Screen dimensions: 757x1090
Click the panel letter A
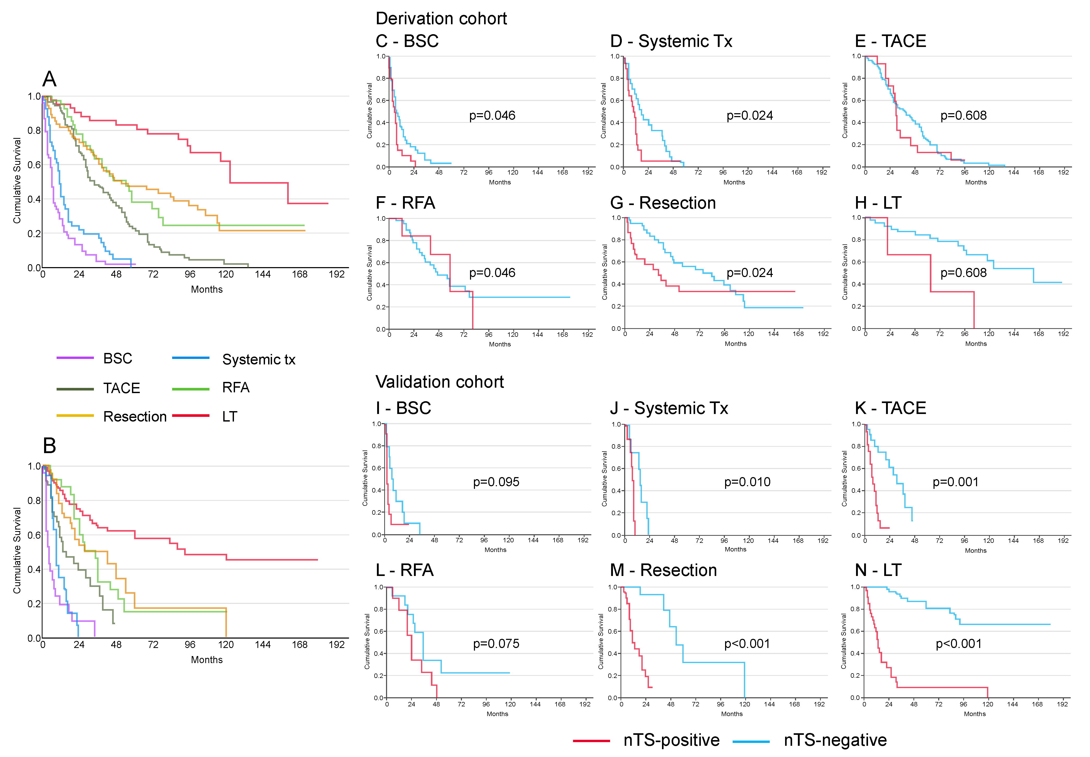pos(49,79)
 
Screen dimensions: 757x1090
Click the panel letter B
pos(49,446)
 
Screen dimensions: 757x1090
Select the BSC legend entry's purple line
pos(75,358)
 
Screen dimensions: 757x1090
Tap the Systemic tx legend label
pos(258,359)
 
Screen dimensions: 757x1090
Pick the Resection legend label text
pos(135,416)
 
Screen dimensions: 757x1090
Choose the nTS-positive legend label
pos(671,740)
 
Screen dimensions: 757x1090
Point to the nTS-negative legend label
pos(835,740)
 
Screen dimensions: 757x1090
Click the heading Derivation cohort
pos(441,19)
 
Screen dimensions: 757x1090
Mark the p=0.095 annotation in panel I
pos(496,482)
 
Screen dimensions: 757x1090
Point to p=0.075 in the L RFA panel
pos(496,644)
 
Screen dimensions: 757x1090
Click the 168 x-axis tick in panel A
pos(300,274)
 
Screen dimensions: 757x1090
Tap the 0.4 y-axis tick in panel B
pos(34,569)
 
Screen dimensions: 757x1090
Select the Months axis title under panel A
pos(207,289)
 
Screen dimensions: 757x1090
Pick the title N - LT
pos(878,570)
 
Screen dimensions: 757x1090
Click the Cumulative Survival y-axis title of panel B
pos(17,550)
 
